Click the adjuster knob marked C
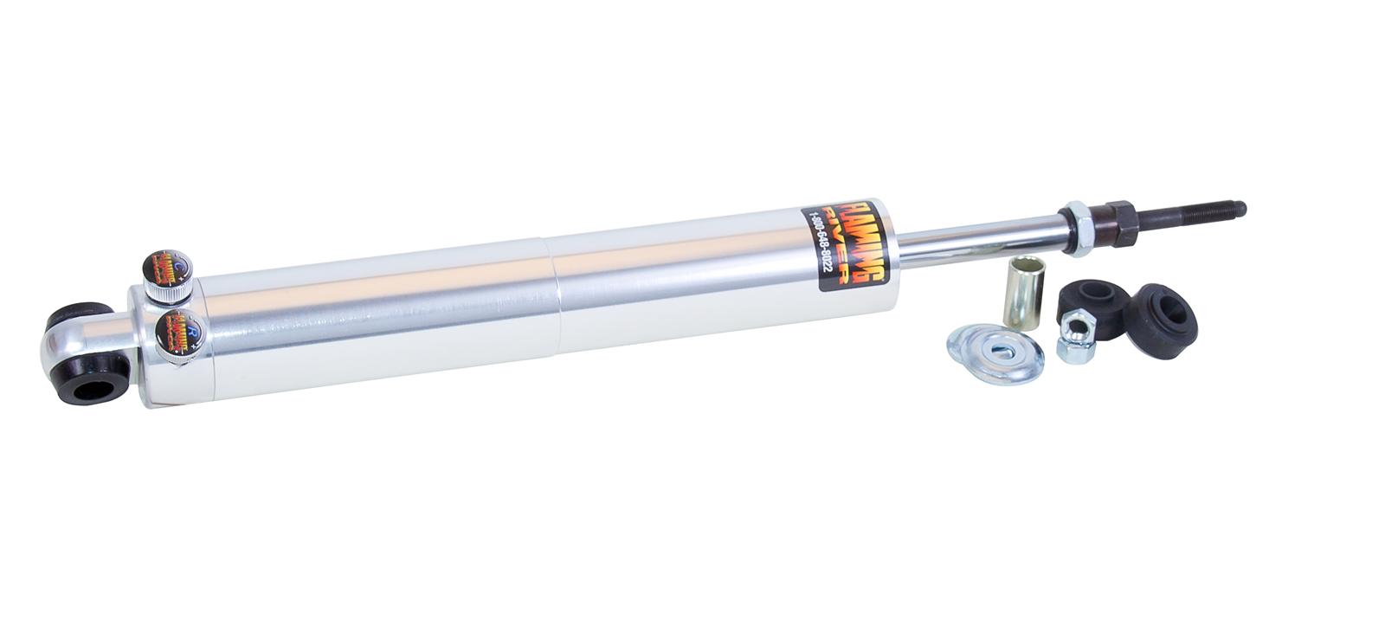164,263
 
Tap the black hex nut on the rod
1128,221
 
